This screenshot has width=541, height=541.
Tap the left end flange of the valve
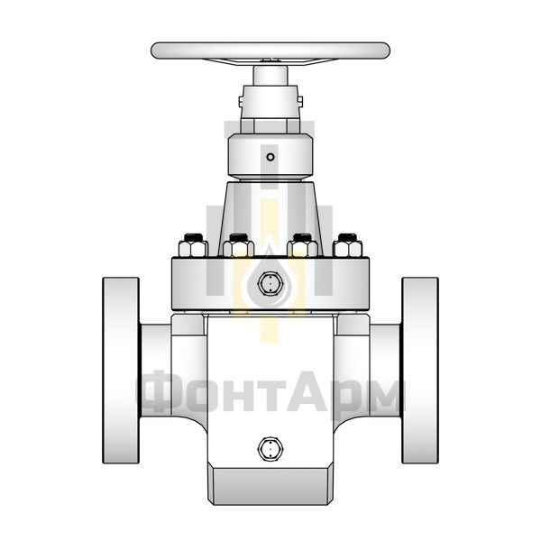coord(121,371)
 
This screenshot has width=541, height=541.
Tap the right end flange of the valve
coord(420,371)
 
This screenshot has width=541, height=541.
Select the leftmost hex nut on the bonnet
coord(193,245)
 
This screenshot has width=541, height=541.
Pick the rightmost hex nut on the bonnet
coord(347,245)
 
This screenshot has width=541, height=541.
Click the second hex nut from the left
coord(238,245)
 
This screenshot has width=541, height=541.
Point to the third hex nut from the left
coord(302,245)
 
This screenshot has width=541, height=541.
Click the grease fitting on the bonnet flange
coord(270,283)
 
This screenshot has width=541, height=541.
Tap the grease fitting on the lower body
coord(270,448)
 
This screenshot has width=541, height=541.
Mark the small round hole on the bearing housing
coord(270,157)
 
